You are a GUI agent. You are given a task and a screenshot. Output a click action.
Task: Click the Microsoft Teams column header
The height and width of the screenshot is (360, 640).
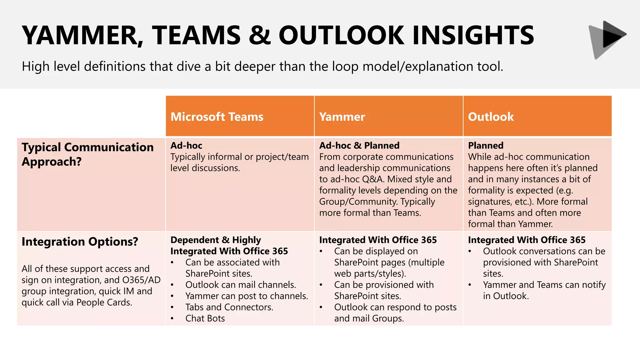(217, 117)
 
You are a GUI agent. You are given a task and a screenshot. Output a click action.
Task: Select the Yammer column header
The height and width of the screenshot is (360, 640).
(342, 117)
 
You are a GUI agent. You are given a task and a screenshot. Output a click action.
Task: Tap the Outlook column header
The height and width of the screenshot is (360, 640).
(491, 117)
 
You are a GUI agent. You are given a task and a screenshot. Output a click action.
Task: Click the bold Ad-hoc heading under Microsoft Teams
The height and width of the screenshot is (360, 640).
(186, 145)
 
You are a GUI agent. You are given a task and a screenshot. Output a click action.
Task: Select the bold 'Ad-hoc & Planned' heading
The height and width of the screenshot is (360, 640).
(359, 145)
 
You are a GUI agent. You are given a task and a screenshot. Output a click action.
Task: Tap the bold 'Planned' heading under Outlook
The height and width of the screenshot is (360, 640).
(486, 145)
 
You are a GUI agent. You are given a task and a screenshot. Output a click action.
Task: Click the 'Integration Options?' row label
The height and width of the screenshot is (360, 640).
(80, 242)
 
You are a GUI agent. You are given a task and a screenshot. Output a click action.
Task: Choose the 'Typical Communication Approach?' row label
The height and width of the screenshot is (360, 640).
(87, 154)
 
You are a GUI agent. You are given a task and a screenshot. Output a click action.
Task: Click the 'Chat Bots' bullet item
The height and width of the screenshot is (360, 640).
(205, 318)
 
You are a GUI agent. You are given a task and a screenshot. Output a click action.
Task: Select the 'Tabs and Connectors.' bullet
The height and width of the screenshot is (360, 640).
(229, 307)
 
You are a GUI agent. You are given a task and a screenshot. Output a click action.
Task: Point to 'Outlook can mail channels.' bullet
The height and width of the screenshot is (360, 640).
(240, 285)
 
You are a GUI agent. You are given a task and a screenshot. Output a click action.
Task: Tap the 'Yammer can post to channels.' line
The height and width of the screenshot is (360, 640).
(247, 296)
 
